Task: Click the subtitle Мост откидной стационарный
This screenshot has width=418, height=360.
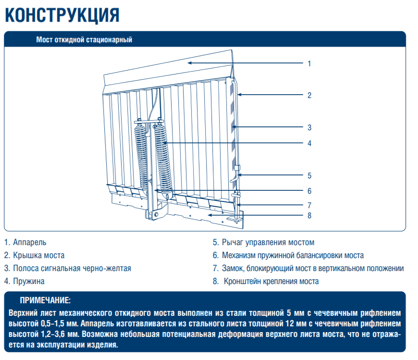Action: tap(84, 40)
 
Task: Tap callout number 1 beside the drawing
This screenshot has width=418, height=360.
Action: tap(309, 63)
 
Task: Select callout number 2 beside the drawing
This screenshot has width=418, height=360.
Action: tap(309, 95)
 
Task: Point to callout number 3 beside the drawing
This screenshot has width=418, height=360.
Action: tap(309, 127)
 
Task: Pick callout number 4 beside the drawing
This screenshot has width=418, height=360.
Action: tap(309, 143)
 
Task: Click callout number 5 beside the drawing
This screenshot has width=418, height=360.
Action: tap(309, 175)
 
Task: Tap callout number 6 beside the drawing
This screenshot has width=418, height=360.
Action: tap(309, 191)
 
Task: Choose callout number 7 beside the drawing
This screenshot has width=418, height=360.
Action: tap(309, 205)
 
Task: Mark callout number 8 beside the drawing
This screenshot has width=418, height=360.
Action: tap(309, 215)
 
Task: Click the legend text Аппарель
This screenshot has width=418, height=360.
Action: tap(30, 243)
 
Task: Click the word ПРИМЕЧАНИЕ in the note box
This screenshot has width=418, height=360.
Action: tap(45, 301)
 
